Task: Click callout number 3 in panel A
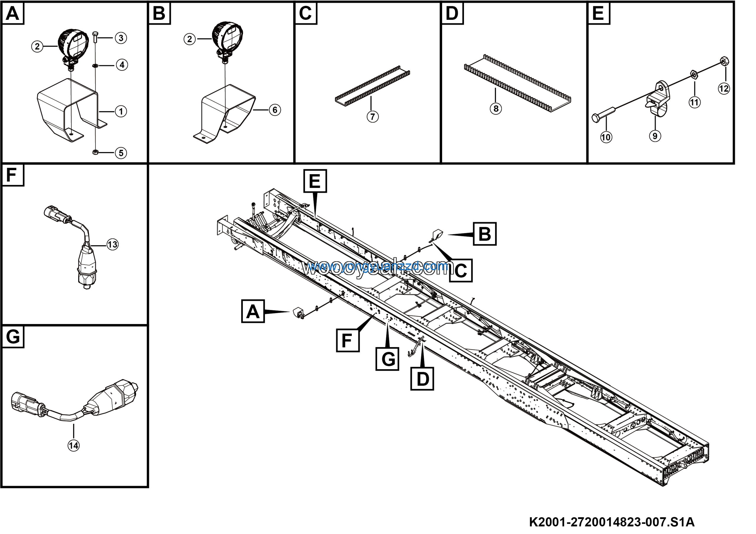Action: (121, 38)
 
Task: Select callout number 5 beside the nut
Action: (121, 153)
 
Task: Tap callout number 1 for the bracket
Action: (121, 112)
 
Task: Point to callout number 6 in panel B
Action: (275, 110)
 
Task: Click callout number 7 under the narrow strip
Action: (372, 117)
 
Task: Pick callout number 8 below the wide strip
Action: (496, 109)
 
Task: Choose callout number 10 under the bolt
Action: (606, 137)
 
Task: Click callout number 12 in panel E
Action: (724, 89)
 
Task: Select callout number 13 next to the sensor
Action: (113, 245)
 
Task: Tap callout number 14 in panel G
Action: (74, 446)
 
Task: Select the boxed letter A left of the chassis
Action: (253, 311)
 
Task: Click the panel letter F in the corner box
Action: (12, 175)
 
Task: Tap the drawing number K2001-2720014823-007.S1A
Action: (612, 522)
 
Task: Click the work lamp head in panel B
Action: (227, 35)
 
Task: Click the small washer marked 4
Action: (95, 66)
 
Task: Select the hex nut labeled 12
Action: (724, 61)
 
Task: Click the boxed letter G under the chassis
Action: (387, 359)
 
